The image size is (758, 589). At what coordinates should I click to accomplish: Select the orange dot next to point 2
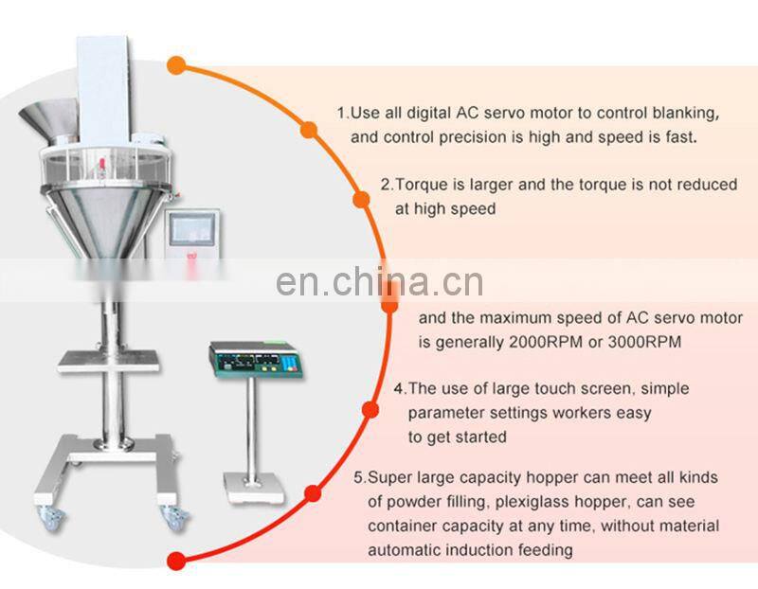point(361,200)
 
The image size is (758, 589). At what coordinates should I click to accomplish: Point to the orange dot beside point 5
point(314,493)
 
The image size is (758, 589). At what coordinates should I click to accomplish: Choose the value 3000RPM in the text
point(644,341)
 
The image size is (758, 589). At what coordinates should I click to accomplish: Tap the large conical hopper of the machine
point(95,208)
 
